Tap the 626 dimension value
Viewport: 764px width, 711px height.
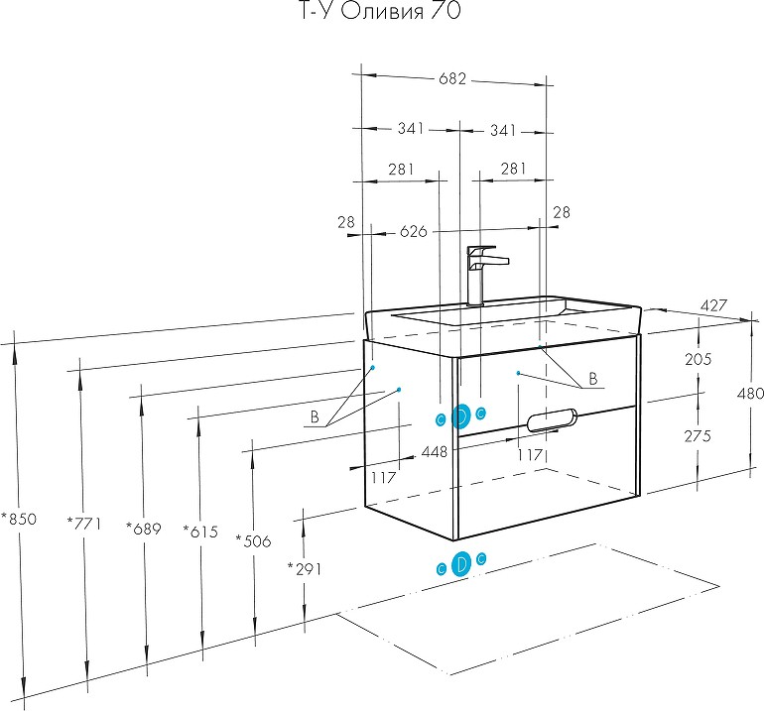click(x=413, y=232)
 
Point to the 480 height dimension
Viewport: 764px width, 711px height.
click(x=748, y=393)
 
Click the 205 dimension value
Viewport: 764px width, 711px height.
click(x=699, y=359)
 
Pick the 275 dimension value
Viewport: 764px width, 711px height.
click(x=699, y=436)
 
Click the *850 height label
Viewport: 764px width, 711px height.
click(x=18, y=519)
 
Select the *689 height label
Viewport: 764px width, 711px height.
click(x=143, y=529)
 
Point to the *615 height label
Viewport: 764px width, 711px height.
click(x=199, y=532)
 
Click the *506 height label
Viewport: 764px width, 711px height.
click(x=253, y=540)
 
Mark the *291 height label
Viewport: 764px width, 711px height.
click(x=304, y=568)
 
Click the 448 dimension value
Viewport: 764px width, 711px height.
click(x=435, y=451)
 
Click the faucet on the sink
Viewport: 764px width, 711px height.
click(x=482, y=273)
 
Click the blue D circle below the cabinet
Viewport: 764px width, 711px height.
click(x=461, y=565)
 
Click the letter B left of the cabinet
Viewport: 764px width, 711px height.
click(x=315, y=418)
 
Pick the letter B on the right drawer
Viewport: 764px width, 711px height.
click(x=592, y=378)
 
